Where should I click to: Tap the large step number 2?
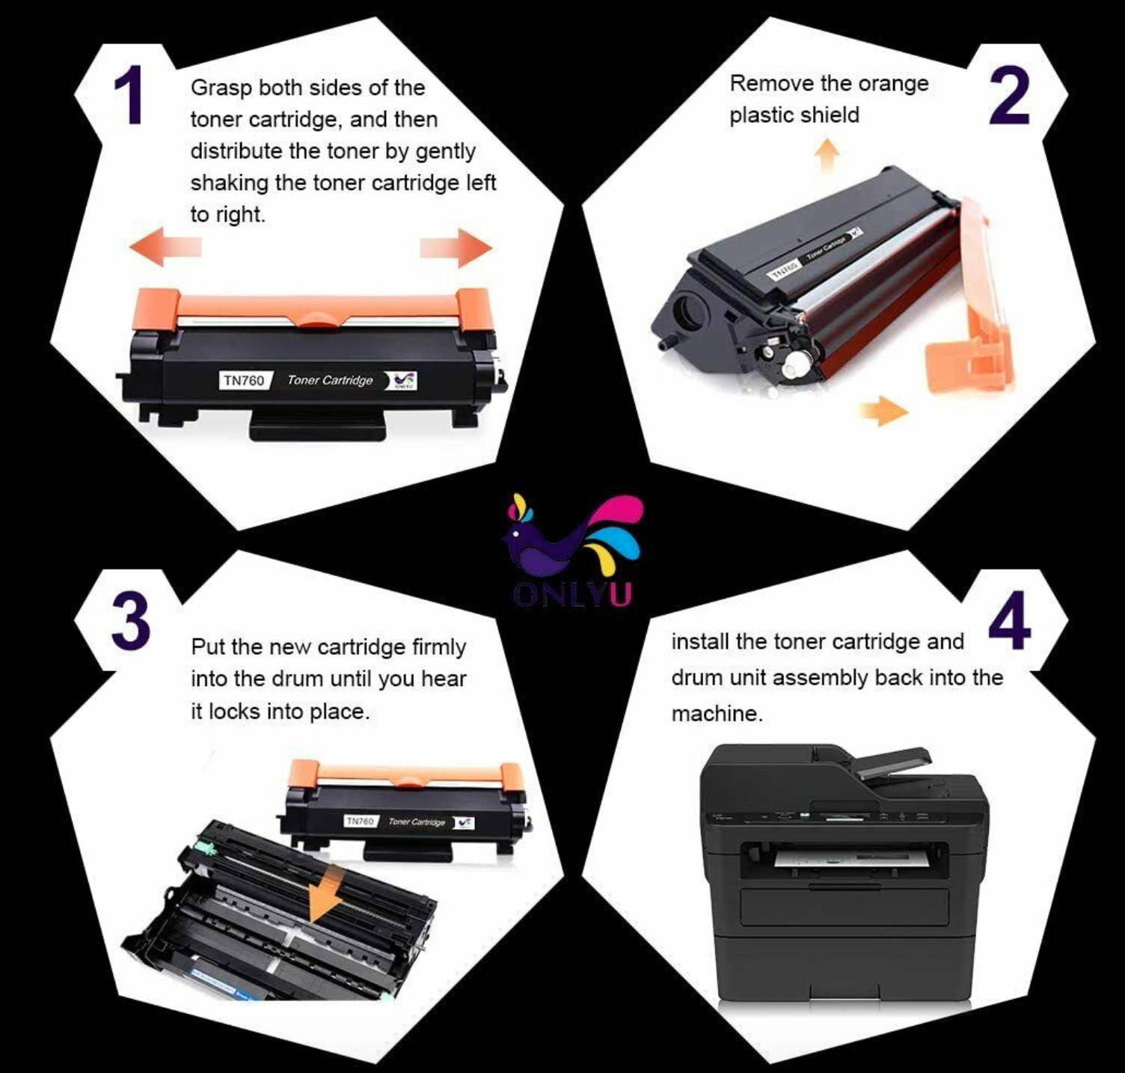click(1009, 95)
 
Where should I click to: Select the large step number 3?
click(132, 620)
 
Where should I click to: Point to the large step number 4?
click(1009, 620)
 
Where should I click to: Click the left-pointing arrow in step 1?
click(165, 248)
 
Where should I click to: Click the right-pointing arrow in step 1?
click(456, 248)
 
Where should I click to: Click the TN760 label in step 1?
click(244, 380)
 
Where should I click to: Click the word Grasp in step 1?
click(221, 88)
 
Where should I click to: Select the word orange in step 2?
click(894, 83)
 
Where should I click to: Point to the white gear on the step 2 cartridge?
click(796, 365)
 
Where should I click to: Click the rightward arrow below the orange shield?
click(883, 410)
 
